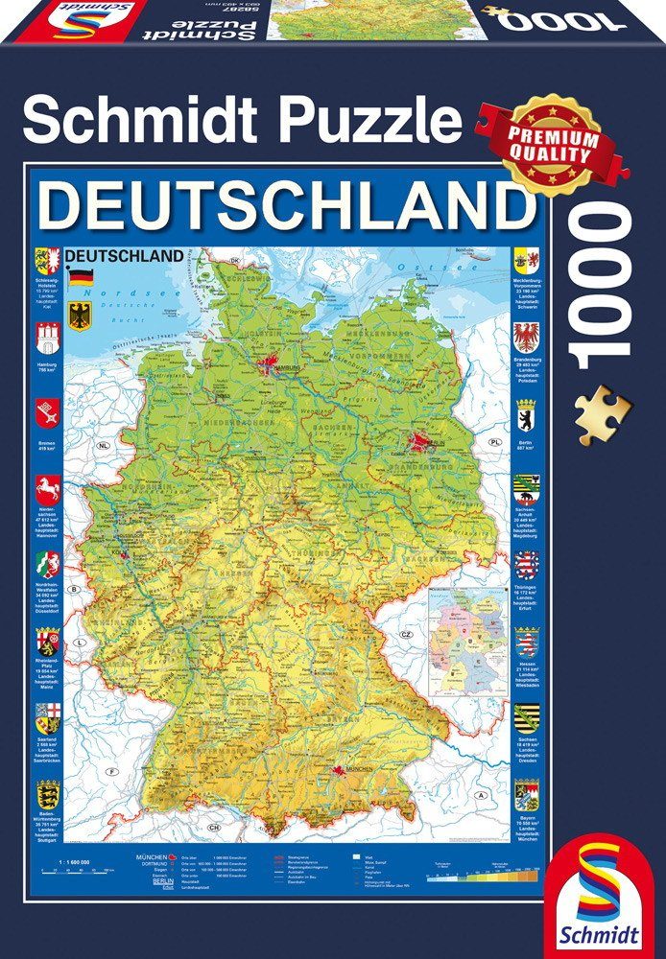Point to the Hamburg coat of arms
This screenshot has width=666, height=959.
pyautogui.click(x=47, y=339)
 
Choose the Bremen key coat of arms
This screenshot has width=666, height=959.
pyautogui.click(x=47, y=414)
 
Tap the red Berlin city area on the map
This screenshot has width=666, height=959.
pyautogui.click(x=420, y=442)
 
